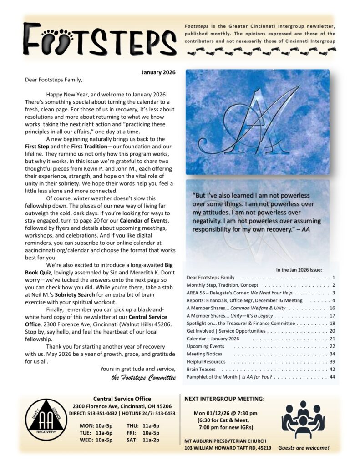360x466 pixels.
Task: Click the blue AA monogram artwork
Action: coord(257,122)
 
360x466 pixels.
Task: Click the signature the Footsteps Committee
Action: coord(143,377)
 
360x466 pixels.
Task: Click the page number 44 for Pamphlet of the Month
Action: coord(332,377)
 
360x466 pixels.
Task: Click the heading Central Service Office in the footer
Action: coord(122,399)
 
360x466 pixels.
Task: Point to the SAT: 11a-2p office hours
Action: coord(141,441)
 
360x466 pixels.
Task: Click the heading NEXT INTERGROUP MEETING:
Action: coord(224,399)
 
